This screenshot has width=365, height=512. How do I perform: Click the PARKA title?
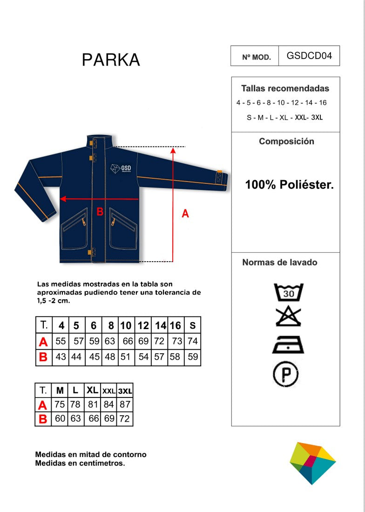[111, 60]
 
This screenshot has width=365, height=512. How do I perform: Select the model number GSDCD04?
[309, 56]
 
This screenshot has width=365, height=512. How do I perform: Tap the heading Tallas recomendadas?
[285, 88]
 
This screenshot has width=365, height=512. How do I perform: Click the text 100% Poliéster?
[289, 185]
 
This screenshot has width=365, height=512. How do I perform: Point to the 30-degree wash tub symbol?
[289, 292]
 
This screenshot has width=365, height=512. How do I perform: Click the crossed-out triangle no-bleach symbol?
[288, 317]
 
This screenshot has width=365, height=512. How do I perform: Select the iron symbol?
[288, 344]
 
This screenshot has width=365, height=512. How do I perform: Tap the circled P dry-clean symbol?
[286, 374]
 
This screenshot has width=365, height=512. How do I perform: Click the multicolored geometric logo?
[312, 463]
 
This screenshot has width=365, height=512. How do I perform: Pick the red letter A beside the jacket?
[185, 214]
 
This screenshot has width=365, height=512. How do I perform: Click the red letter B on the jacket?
[100, 212]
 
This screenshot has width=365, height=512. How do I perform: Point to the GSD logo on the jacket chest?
[121, 168]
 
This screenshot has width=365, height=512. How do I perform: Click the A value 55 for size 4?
[61, 341]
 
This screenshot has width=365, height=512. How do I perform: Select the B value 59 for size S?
[193, 357]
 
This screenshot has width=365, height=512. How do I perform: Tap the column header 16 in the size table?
[176, 325]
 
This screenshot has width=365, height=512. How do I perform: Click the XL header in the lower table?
[93, 390]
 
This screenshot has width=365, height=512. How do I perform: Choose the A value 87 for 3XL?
[125, 404]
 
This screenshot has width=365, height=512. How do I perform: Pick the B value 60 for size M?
[60, 418]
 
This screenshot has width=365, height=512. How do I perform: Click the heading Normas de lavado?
[280, 263]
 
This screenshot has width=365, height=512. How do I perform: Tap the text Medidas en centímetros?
[80, 463]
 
